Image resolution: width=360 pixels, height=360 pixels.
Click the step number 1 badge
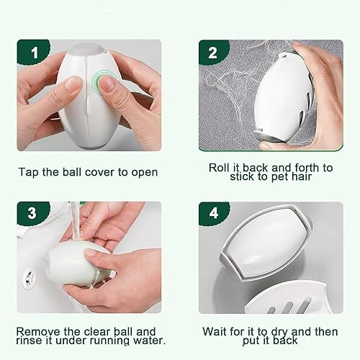34,52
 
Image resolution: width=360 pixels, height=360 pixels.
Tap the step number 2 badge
213,52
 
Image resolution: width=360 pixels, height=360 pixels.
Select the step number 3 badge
32,213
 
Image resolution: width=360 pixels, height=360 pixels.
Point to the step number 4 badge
214,213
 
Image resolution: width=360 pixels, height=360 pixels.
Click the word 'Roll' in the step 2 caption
218,168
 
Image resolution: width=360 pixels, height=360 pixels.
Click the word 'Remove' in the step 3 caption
37,332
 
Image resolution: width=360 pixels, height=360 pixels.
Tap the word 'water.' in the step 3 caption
149,341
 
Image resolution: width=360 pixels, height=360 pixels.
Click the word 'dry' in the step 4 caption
279,333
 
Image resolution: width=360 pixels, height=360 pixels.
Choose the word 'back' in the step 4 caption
286,341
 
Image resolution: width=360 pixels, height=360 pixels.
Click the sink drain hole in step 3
30,279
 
